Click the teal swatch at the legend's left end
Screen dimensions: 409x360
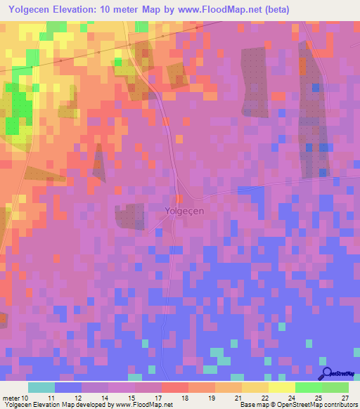pos(41,388)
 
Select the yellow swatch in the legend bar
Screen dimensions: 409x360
pos(281,388)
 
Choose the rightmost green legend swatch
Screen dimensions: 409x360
pos(335,388)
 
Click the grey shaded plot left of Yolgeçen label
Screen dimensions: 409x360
pos(129,216)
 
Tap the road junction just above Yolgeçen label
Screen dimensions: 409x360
pos(179,196)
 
